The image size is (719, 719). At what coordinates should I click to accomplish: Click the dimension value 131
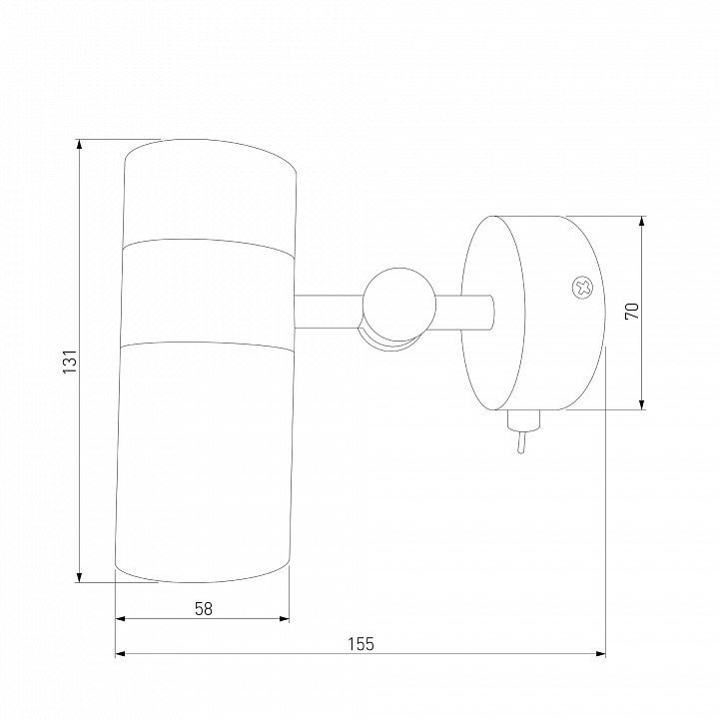(x=70, y=360)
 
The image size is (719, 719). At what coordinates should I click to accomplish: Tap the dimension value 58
(x=204, y=609)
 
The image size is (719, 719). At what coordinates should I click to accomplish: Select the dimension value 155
(x=360, y=644)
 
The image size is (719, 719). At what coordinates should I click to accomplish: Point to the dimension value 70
(x=632, y=312)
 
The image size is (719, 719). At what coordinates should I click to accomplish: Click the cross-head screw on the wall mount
(x=582, y=288)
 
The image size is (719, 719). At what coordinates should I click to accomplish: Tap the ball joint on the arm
(x=398, y=305)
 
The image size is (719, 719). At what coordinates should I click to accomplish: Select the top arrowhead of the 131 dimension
(x=79, y=144)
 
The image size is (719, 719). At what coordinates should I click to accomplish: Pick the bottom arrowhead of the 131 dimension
(x=79, y=577)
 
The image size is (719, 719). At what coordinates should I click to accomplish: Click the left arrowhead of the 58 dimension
(x=120, y=619)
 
